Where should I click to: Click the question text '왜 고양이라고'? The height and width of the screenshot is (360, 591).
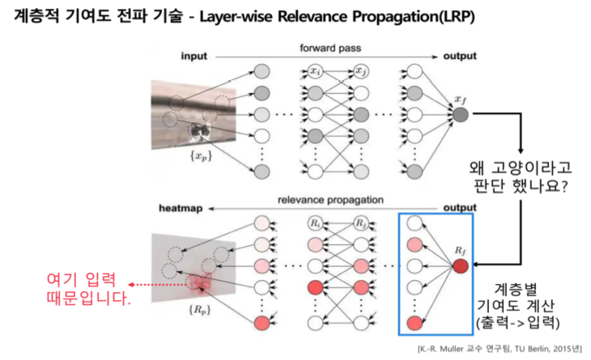(519, 170)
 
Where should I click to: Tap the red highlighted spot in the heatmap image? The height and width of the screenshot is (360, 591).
(198, 283)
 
